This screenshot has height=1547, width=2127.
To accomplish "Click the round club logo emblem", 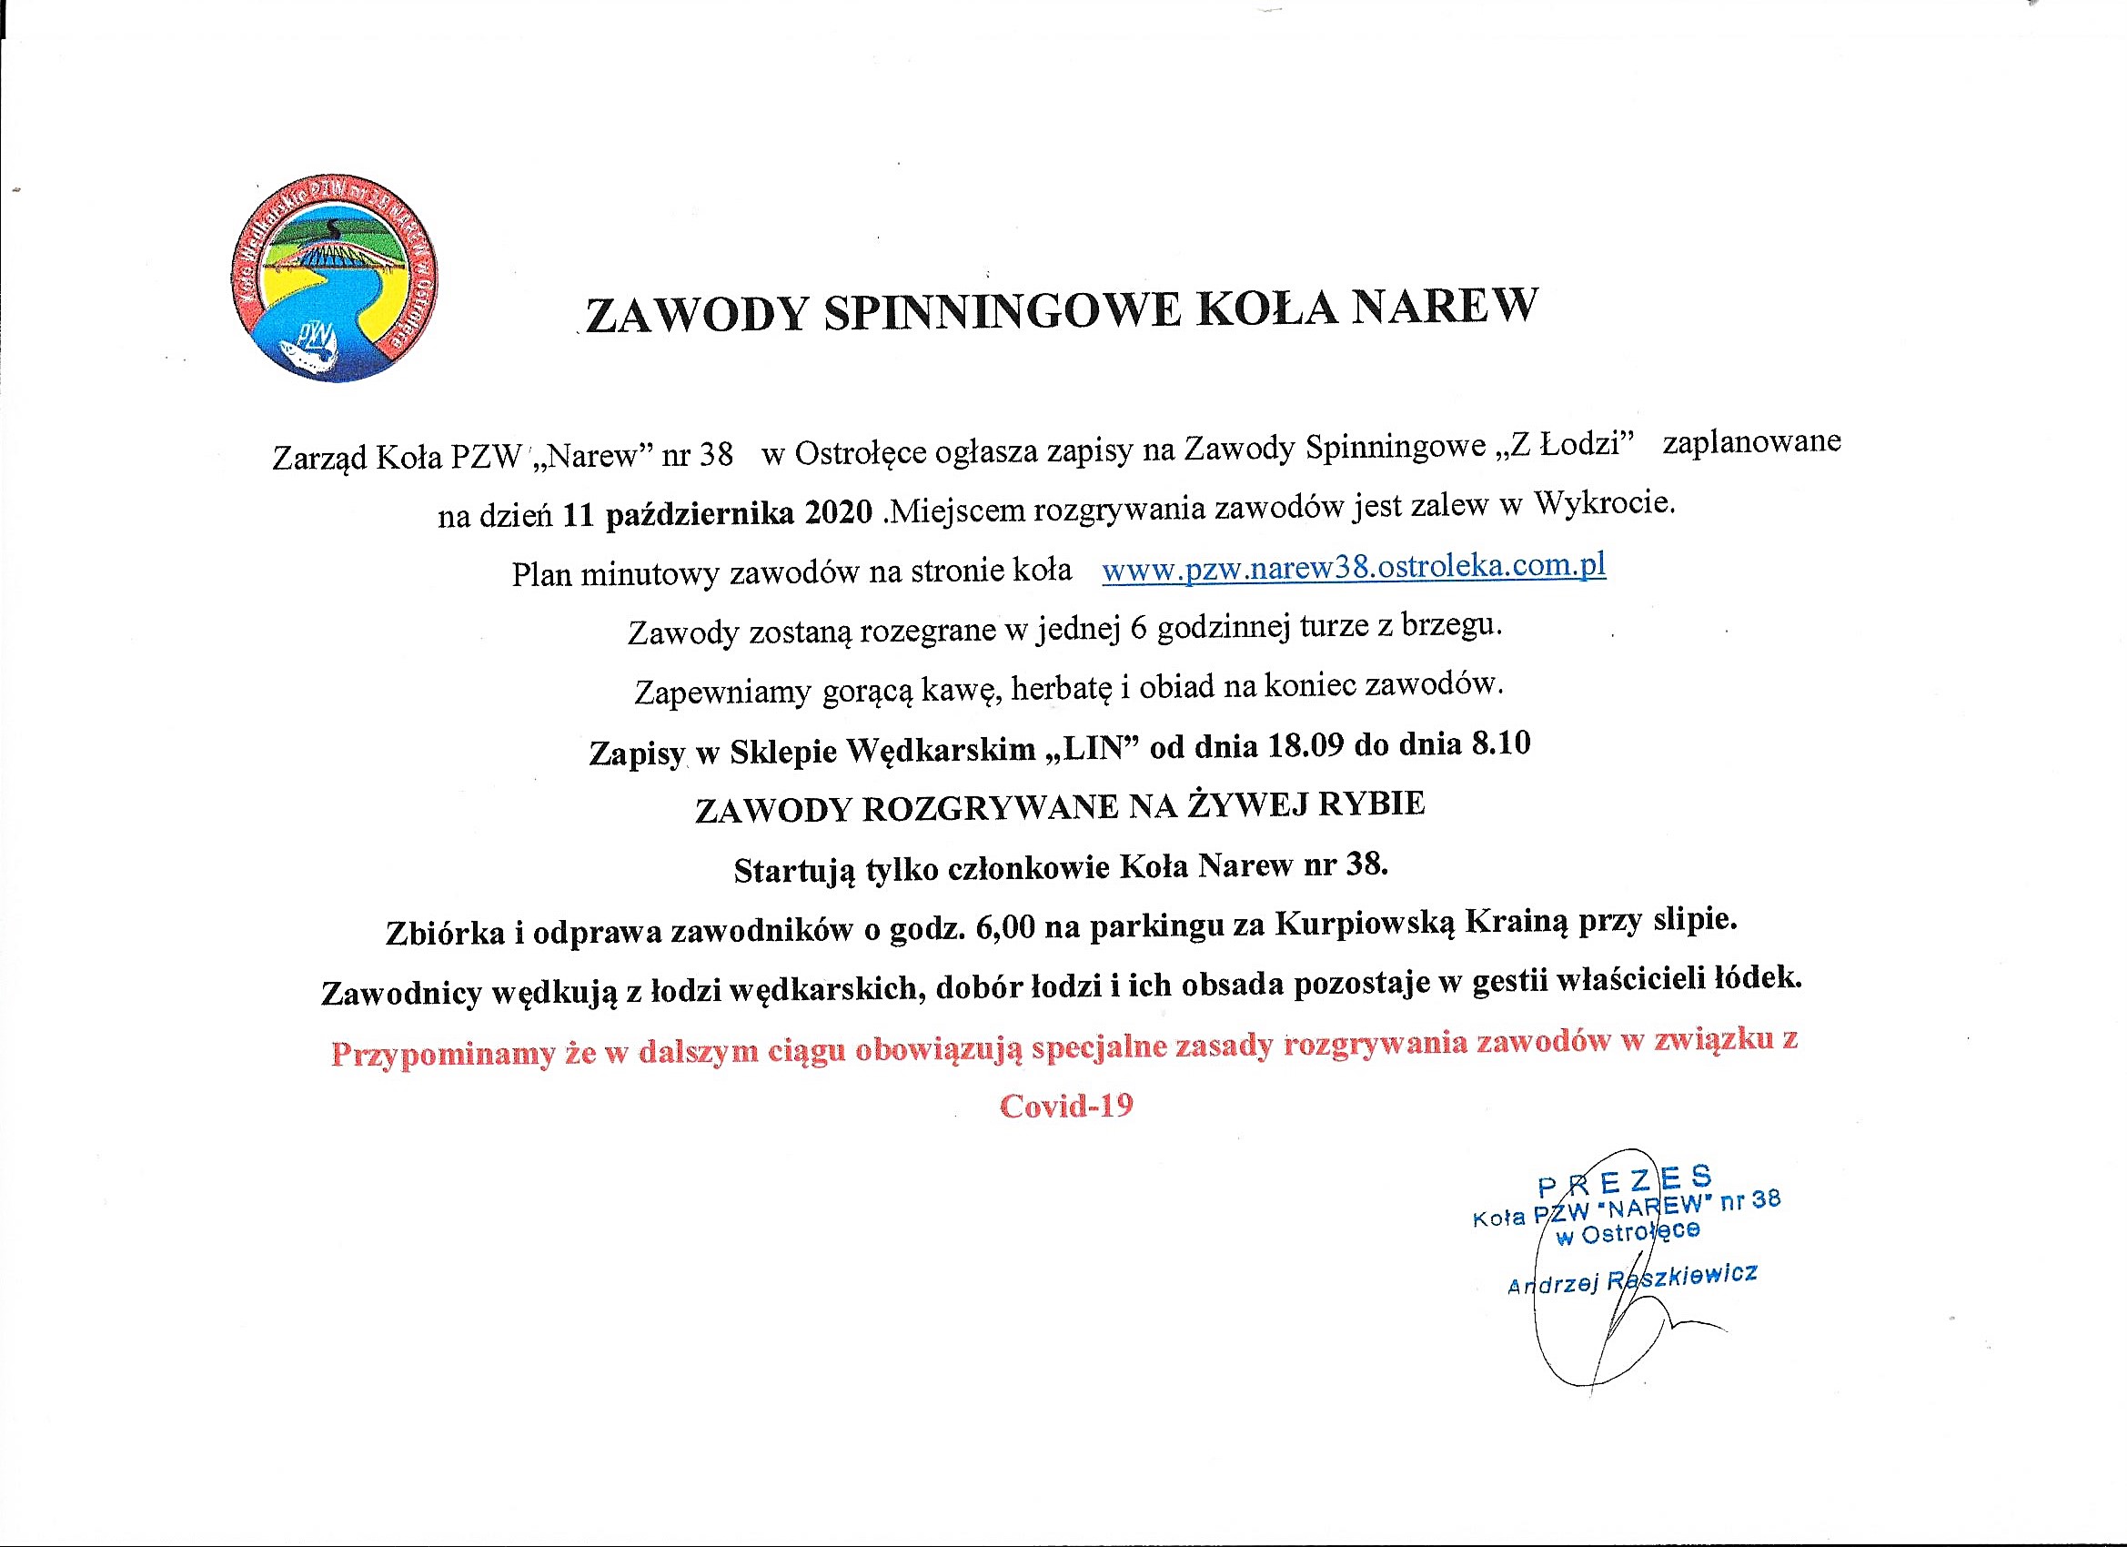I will [334, 278].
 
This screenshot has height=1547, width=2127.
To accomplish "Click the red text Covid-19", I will [1066, 1105].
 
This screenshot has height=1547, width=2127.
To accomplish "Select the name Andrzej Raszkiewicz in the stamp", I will [1632, 1279].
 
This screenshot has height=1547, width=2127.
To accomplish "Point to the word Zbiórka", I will [446, 934].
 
